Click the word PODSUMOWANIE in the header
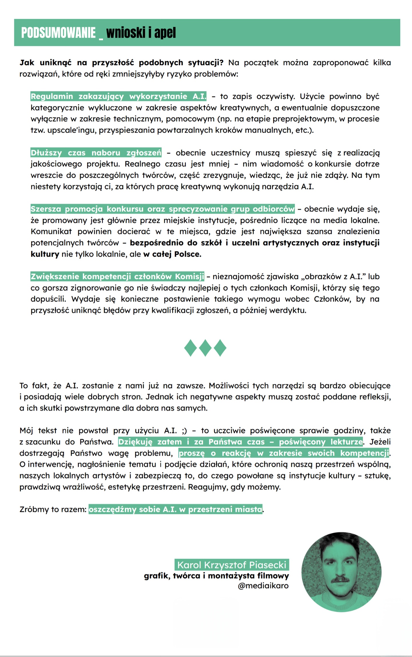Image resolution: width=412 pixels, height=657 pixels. tap(58, 33)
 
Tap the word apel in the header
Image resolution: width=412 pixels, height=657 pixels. tap(165, 33)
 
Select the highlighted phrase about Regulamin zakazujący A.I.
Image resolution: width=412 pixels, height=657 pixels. tap(118, 96)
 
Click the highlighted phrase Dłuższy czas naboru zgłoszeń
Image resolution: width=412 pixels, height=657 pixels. tap(96, 153)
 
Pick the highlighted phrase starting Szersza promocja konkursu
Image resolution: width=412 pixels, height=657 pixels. tap(163, 209)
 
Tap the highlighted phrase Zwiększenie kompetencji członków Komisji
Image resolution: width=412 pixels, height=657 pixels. tap(117, 276)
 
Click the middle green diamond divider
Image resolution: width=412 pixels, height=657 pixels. tap(205, 348)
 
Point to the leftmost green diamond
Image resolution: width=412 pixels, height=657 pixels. tap(190, 348)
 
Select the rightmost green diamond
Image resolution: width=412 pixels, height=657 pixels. tap(220, 348)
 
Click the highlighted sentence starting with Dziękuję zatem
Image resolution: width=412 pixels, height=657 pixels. tap(240, 442)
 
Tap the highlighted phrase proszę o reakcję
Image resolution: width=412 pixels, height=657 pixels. tap(284, 453)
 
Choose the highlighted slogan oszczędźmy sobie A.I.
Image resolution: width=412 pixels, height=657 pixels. tap(175, 509)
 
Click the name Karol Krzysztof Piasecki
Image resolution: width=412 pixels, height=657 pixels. tap(232, 565)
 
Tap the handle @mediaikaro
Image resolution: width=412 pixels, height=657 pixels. tap(263, 586)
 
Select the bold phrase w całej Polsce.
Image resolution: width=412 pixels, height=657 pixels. tap(172, 254)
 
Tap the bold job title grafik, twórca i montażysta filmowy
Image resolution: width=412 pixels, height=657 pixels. tap(216, 576)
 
